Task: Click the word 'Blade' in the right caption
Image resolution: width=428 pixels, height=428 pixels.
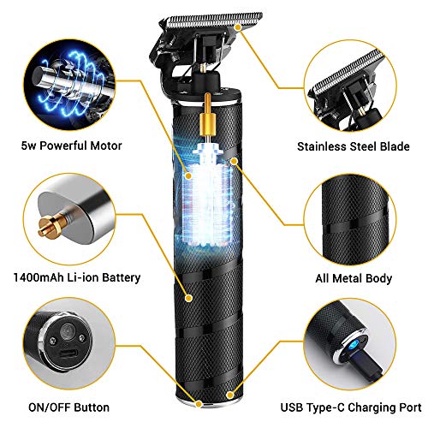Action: click(x=389, y=146)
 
